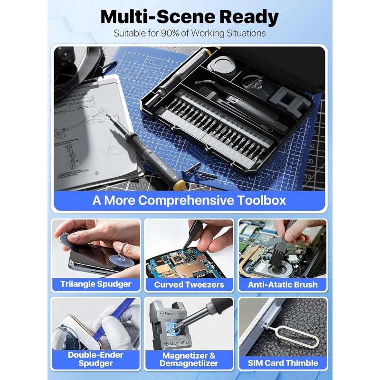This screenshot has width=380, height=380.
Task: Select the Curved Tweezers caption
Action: (x=189, y=285)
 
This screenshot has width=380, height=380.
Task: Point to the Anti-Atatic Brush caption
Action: (x=283, y=285)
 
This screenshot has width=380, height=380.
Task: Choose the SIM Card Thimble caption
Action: (x=283, y=363)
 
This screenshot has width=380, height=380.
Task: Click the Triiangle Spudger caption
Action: (x=96, y=285)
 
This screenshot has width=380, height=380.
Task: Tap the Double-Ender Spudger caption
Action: (x=96, y=359)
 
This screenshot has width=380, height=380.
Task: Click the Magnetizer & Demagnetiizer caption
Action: (x=189, y=359)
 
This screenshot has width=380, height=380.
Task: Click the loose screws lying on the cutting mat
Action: (x=195, y=171)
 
